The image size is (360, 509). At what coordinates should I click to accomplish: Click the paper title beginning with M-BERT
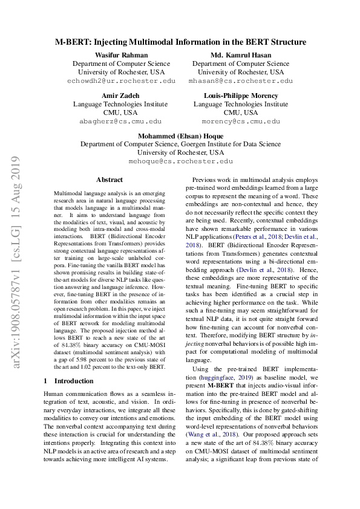click(x=180, y=42)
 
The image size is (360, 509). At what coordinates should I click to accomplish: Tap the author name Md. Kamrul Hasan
click(x=240, y=55)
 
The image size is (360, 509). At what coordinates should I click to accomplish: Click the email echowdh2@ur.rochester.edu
click(x=122, y=80)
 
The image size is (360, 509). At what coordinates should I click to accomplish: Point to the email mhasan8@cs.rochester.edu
click(x=240, y=80)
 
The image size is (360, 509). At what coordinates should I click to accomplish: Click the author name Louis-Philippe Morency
click(x=240, y=96)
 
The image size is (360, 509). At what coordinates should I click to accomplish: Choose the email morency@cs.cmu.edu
click(x=240, y=121)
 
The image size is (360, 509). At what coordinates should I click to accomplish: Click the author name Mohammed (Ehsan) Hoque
click(x=180, y=136)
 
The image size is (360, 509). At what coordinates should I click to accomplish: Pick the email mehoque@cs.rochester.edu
click(x=180, y=161)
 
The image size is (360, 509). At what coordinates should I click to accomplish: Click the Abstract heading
click(x=109, y=180)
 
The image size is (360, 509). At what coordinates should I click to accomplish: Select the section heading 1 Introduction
click(x=68, y=381)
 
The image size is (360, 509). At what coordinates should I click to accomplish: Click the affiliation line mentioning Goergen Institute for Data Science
click(x=180, y=144)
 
